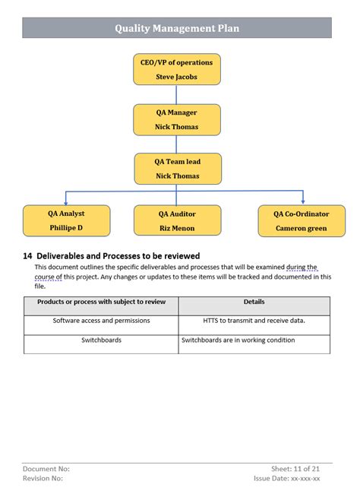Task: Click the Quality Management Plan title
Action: click(177, 28)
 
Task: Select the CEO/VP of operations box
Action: click(177, 69)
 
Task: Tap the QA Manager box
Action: click(177, 120)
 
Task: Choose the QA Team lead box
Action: click(177, 169)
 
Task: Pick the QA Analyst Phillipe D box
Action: click(66, 220)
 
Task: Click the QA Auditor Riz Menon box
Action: click(177, 220)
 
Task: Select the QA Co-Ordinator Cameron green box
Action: click(302, 220)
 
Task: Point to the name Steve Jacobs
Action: click(177, 77)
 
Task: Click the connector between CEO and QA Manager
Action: click(177, 94)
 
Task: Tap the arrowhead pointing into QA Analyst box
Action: click(65, 201)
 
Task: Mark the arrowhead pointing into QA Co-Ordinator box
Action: click(302, 201)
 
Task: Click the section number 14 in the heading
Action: click(27, 256)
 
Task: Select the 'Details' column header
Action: click(254, 302)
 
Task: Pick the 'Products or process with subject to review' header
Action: click(101, 302)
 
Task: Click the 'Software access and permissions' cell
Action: click(101, 321)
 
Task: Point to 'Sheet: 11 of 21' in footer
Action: click(295, 469)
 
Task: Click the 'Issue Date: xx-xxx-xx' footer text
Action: click(286, 479)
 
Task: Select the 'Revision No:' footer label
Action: click(43, 479)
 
